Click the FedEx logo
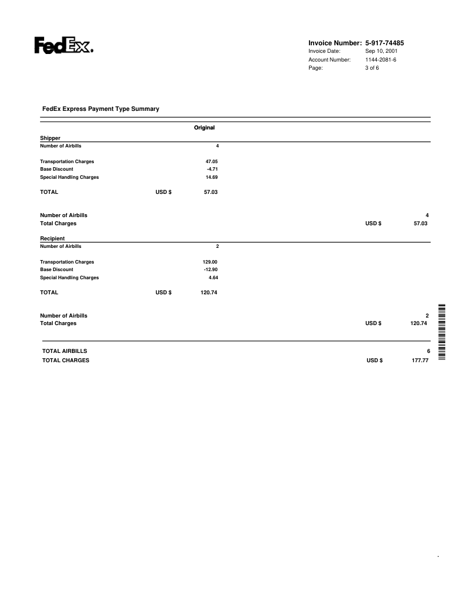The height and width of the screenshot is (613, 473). [x=63, y=46]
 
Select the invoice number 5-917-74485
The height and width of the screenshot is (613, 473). [x=385, y=43]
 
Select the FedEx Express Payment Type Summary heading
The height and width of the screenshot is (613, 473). [x=101, y=109]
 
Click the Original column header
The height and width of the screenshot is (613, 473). [x=204, y=127]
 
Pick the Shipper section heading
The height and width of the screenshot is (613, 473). [x=50, y=138]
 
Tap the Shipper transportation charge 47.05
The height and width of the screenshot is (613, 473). [x=211, y=161]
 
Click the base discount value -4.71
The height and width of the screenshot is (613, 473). [x=212, y=169]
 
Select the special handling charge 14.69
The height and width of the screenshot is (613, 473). [x=211, y=177]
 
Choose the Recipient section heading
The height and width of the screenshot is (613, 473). [x=52, y=238]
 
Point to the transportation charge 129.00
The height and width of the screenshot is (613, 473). [x=209, y=262]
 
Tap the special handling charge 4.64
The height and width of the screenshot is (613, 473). [x=213, y=277]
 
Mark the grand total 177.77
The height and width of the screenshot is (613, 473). [x=419, y=360]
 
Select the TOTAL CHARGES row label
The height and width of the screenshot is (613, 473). [x=66, y=360]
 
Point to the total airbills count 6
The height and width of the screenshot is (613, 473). [x=428, y=351]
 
